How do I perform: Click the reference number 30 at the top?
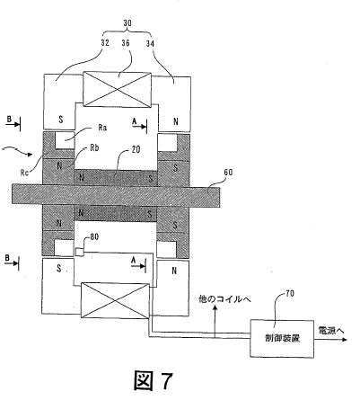(127, 23)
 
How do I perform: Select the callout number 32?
(105, 42)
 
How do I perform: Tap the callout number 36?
(126, 43)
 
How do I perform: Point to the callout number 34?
(150, 43)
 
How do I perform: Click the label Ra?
(102, 128)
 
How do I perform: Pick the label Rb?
(94, 148)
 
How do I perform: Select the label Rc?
(24, 173)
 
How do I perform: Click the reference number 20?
(136, 149)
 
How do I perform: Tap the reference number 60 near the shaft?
(228, 172)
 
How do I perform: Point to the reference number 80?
(94, 237)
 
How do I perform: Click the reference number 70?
(290, 293)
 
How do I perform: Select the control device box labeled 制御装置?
(282, 338)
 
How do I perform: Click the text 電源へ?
(331, 331)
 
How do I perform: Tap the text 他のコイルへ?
(225, 298)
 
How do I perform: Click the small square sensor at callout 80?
(79, 252)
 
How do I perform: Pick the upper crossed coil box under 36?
(117, 89)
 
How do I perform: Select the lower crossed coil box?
(115, 300)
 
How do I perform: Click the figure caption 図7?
(154, 380)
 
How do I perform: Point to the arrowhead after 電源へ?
(345, 340)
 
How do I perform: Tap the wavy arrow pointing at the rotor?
(17, 151)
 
